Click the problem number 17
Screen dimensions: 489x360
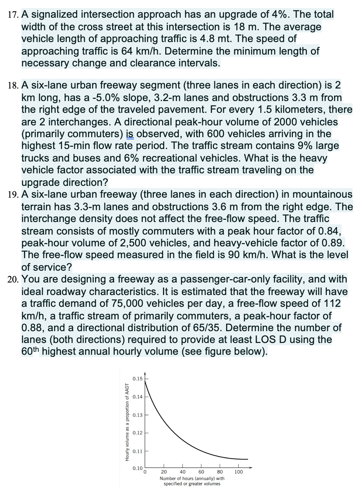(x=13, y=15)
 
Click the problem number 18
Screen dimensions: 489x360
(x=13, y=86)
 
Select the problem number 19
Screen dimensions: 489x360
(x=13, y=195)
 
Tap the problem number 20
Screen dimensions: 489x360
(x=14, y=280)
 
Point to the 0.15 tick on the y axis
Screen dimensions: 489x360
(x=138, y=379)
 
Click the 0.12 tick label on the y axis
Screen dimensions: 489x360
(x=138, y=433)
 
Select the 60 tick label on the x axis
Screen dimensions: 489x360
(x=201, y=472)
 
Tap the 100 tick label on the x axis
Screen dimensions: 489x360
(x=239, y=472)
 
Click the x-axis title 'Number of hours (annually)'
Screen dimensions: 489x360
(x=192, y=478)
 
